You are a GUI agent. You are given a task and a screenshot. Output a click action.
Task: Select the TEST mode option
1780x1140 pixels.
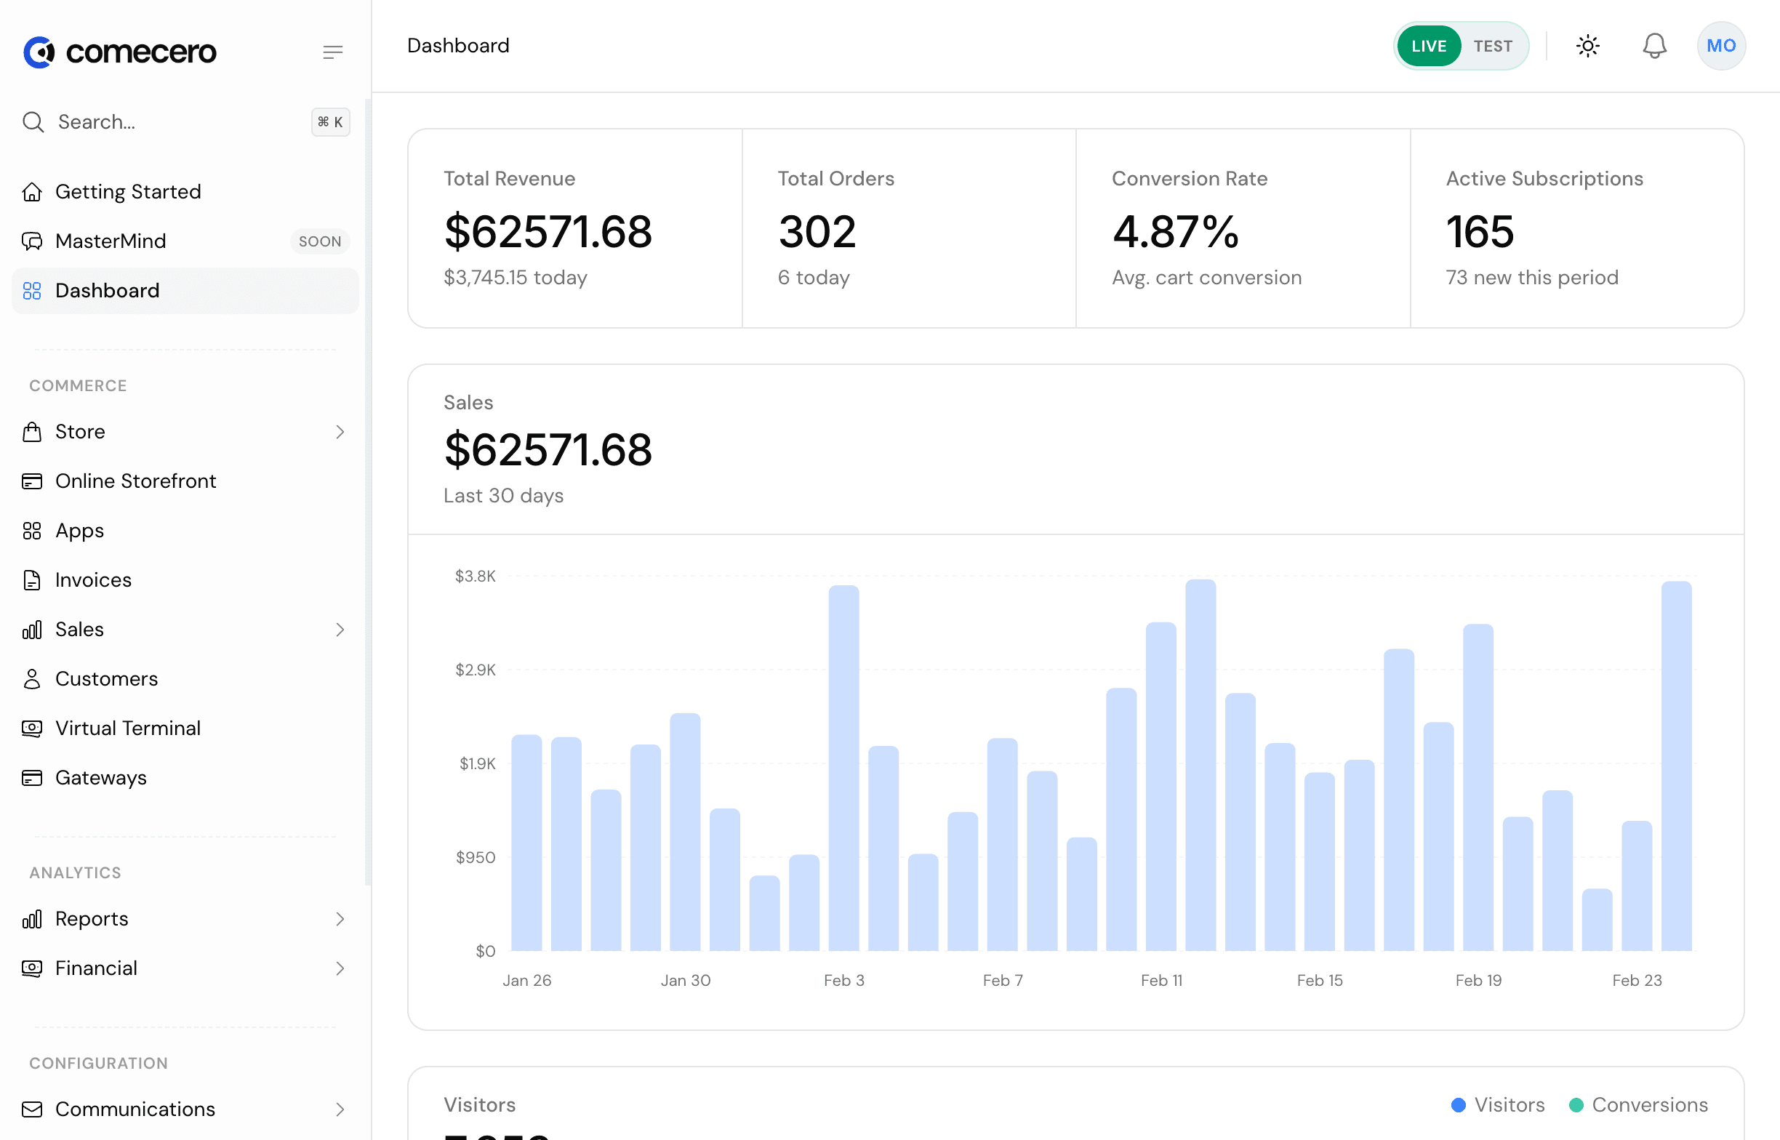tap(1492, 46)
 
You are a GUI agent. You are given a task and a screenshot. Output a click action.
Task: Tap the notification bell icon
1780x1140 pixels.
tap(1653, 46)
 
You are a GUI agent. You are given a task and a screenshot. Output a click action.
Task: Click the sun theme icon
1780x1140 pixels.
tap(1587, 46)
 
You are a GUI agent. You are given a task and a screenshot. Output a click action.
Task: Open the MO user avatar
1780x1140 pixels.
tap(1720, 46)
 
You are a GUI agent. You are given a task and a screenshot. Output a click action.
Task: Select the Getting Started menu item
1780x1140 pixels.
tap(127, 192)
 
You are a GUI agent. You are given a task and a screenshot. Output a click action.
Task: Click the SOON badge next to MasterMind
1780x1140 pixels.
tap(320, 241)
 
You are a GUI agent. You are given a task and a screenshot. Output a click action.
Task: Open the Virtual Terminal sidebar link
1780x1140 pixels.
tap(127, 728)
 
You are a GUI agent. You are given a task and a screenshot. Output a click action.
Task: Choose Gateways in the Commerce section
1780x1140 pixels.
tap(100, 778)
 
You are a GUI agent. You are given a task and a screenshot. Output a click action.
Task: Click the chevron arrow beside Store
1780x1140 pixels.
tap(340, 432)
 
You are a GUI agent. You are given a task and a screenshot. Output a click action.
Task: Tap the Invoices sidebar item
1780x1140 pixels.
tap(93, 580)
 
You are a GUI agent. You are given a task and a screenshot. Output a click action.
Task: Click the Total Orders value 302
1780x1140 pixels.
tap(817, 232)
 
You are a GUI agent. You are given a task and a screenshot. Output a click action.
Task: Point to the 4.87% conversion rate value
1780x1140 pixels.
tap(1174, 232)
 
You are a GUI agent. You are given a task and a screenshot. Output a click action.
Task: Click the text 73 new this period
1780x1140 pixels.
tap(1531, 278)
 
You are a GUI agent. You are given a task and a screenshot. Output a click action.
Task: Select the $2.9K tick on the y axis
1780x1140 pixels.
tap(475, 670)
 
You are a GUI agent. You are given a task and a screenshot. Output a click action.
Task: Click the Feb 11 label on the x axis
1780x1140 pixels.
tap(1160, 980)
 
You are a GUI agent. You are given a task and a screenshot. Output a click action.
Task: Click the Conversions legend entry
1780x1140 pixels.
tap(1638, 1104)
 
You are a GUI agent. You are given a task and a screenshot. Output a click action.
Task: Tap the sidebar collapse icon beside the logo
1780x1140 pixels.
tap(332, 52)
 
